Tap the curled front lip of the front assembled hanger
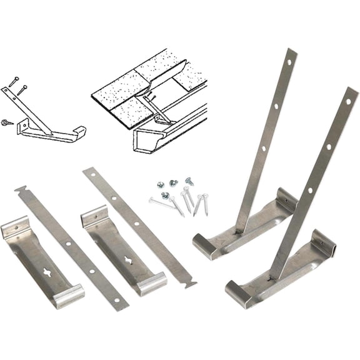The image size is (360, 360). tap(238, 292)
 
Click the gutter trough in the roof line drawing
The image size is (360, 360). tap(169, 134)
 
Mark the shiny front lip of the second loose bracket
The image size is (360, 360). tap(152, 284)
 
